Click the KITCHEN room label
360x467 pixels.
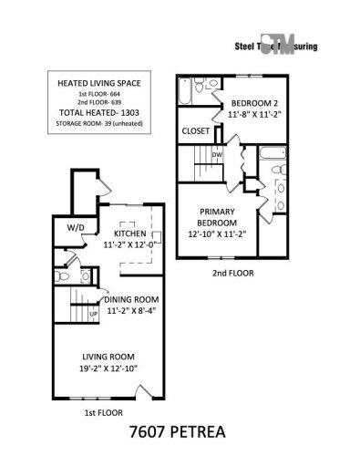124,233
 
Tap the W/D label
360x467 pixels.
75,227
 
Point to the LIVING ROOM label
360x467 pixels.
120,359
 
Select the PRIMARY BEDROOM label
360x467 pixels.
218,216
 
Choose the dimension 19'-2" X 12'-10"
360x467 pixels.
120,371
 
